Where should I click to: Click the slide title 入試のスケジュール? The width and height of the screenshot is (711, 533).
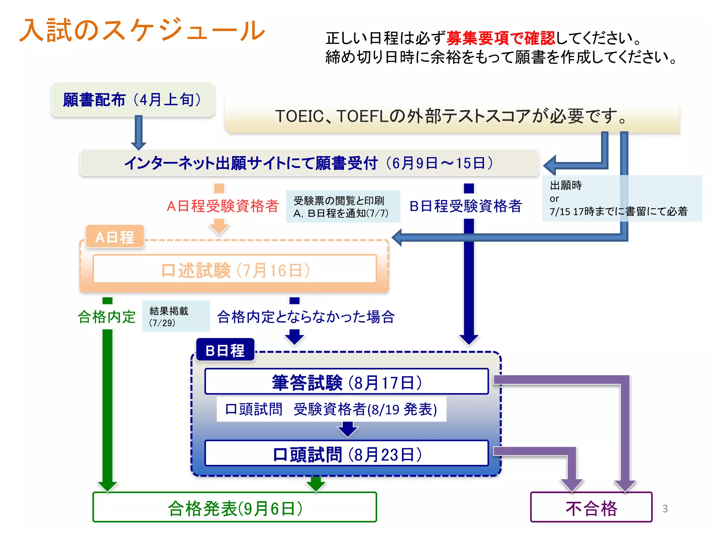coord(142,31)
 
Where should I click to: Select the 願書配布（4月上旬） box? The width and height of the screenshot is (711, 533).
coord(133,100)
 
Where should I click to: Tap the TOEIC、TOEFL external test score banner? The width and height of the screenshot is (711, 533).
coord(451,116)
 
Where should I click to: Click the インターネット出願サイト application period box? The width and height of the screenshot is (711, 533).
coord(309,163)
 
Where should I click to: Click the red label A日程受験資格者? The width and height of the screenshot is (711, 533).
coord(223,206)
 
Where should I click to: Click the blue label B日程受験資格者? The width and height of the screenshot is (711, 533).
coord(466,206)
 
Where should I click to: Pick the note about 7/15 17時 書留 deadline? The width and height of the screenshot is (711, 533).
coord(621,198)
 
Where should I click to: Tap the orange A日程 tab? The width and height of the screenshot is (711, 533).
coord(115,237)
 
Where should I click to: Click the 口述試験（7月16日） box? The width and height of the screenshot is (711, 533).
coord(235,270)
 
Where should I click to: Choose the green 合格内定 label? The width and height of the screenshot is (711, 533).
coord(107,316)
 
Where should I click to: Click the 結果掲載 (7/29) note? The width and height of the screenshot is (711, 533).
coord(176,316)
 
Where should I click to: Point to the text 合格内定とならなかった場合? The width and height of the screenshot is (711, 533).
coord(306,316)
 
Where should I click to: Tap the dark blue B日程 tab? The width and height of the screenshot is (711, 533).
coord(225,350)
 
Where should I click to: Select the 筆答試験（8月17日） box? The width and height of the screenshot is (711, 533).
coord(346,382)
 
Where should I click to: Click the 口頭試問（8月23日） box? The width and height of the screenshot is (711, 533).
coord(346,454)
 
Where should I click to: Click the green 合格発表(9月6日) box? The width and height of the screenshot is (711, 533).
coord(235,508)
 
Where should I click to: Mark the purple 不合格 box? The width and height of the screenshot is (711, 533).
coord(591,508)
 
